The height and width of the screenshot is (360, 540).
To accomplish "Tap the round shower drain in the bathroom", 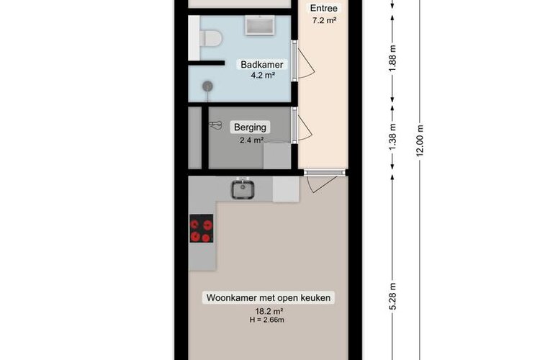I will [x=207, y=86].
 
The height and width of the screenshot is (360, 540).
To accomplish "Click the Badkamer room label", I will [x=261, y=65].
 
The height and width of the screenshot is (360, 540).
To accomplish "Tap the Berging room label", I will [x=250, y=127].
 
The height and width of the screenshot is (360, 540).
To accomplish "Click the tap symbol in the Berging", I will [x=216, y=125].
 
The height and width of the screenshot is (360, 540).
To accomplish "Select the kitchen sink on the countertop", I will [x=243, y=189].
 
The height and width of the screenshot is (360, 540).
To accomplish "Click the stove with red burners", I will [x=202, y=230].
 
